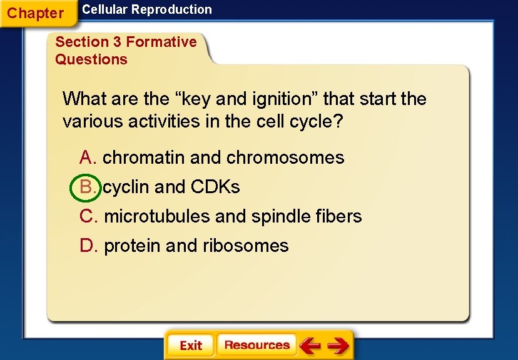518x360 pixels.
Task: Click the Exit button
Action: [x=190, y=346]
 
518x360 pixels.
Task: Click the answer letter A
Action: [x=86, y=157]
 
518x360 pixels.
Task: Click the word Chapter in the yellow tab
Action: [x=36, y=13]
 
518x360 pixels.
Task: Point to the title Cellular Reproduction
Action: [x=147, y=9]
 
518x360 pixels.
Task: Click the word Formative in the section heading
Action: [x=161, y=42]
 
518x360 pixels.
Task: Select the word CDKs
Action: [x=215, y=187]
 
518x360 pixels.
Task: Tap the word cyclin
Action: [x=126, y=187]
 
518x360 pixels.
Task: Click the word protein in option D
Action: [x=132, y=246]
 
